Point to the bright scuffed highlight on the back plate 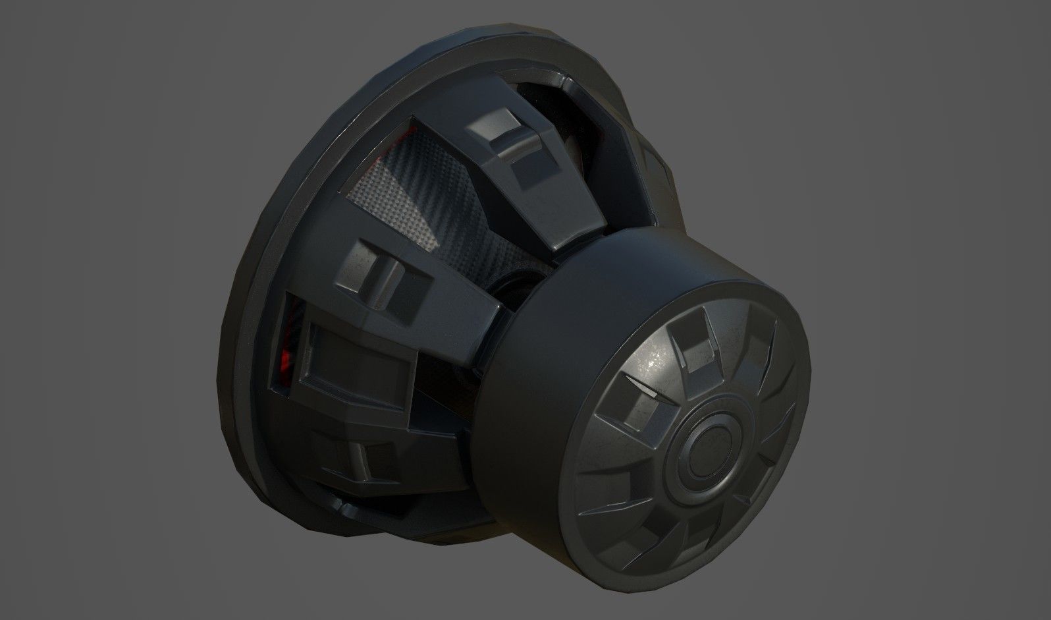coord(652,356)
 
